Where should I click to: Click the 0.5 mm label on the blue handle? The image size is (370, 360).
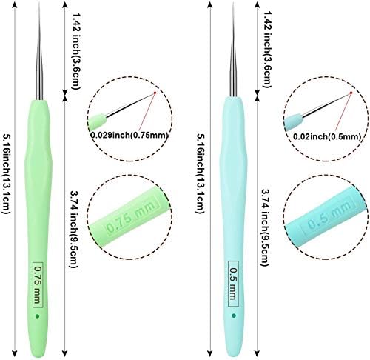click(233, 284)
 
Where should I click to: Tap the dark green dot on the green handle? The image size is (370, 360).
click(38, 316)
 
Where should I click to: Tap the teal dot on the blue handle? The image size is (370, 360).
click(234, 316)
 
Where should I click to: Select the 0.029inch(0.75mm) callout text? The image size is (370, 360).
click(129, 135)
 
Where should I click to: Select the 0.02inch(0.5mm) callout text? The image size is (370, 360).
click(327, 136)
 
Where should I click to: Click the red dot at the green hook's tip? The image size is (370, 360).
click(155, 93)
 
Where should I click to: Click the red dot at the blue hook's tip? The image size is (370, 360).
click(351, 93)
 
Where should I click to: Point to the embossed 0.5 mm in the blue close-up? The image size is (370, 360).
click(329, 215)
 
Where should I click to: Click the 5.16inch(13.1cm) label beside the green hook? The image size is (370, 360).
click(6, 174)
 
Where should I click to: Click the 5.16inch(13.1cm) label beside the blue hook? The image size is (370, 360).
click(201, 173)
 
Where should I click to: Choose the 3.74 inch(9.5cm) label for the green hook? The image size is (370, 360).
click(75, 229)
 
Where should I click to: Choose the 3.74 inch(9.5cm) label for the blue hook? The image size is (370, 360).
click(265, 227)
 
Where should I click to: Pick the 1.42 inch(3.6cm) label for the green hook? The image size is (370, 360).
click(76, 51)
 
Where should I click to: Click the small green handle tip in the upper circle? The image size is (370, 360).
click(98, 121)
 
